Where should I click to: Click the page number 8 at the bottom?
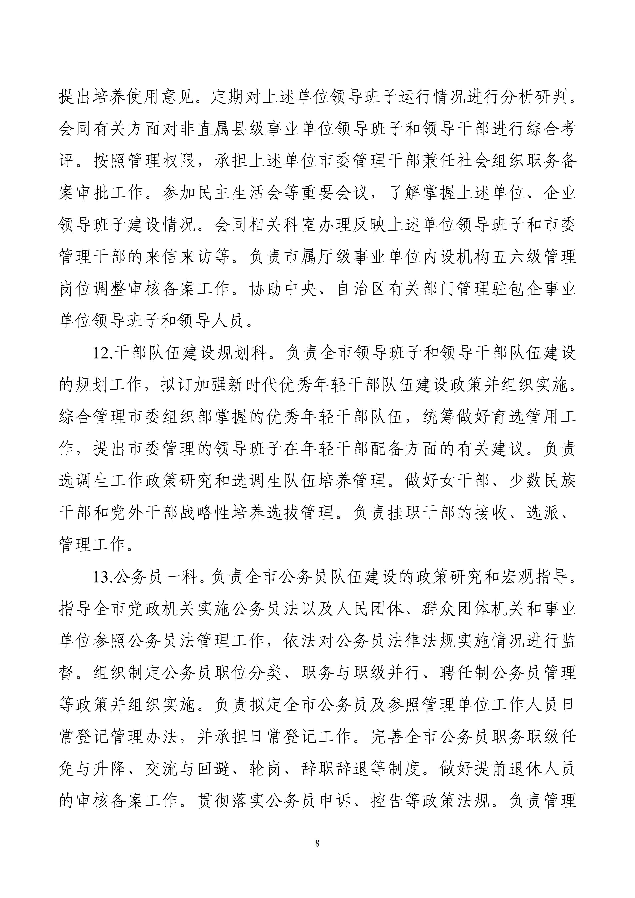(317, 843)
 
